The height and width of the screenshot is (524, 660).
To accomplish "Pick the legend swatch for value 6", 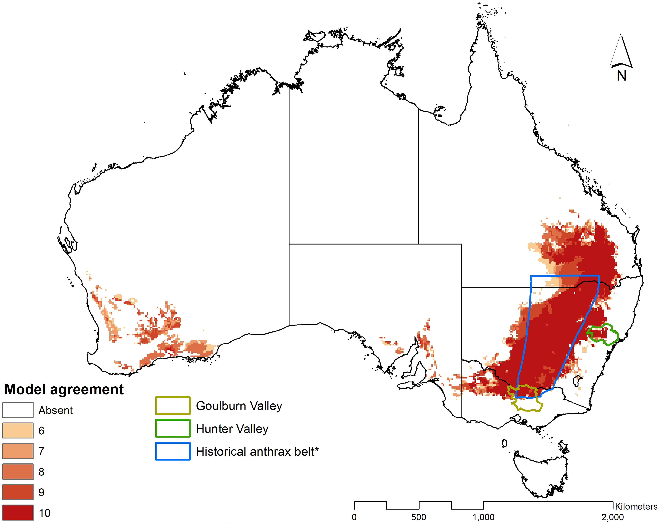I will [18, 430].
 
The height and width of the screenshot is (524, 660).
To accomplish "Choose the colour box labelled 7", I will [18, 451].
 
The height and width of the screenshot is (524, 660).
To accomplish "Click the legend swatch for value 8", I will [18, 471].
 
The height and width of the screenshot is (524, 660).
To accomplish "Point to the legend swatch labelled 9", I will [18, 492].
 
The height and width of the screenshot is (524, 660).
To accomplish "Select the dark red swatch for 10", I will [18, 512].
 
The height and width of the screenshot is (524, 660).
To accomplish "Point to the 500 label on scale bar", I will [418, 517].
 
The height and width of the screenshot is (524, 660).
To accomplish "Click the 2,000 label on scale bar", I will [612, 517].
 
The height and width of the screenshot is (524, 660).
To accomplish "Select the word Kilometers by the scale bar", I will [636, 507].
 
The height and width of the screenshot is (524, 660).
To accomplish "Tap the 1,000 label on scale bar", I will [483, 517].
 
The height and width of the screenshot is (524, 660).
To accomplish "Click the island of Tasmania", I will [540, 471].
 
